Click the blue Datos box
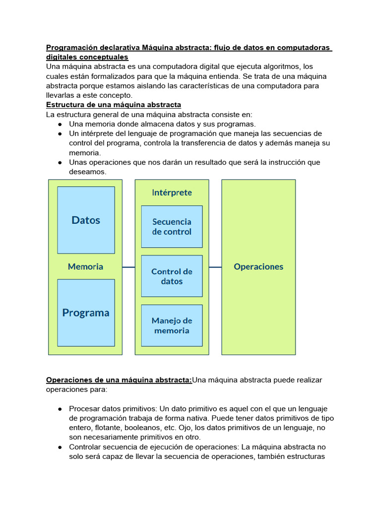(x=86, y=220)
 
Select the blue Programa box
(x=86, y=313)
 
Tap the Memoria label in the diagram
(x=85, y=266)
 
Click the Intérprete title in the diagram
(x=172, y=192)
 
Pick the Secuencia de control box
(x=172, y=227)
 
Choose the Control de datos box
(x=172, y=276)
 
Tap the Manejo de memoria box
(x=172, y=325)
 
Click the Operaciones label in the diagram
(x=258, y=266)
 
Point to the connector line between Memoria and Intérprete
(x=128, y=267)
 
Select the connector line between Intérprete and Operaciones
(x=215, y=267)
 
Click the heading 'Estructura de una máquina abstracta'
(x=114, y=105)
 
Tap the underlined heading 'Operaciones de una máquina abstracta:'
(x=119, y=380)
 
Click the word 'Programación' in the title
(x=70, y=48)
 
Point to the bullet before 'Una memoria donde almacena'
(x=60, y=124)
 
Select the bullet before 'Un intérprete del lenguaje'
(x=60, y=133)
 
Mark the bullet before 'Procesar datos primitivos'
(x=60, y=409)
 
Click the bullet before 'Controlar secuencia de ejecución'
(x=60, y=447)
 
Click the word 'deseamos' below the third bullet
(x=87, y=172)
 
